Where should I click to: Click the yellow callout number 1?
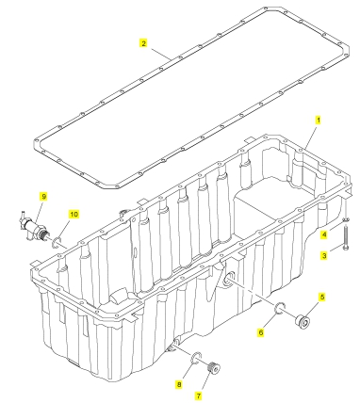coord(318,121)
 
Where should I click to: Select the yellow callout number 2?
coord(143,43)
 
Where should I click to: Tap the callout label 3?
coord(324,256)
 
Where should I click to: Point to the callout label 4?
coord(324,234)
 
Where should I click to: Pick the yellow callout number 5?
coord(322,297)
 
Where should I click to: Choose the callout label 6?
coord(260,331)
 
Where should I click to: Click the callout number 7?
coord(198,395)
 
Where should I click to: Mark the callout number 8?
coord(179,384)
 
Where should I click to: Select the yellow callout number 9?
coord(43,197)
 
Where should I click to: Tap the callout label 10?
coord(74,215)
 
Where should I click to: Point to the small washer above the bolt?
coord(346,219)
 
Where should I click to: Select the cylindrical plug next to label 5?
coord(303,322)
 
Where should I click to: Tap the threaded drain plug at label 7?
coord(214,368)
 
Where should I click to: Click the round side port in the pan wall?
coord(228,280)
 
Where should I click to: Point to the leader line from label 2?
coord(161,54)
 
